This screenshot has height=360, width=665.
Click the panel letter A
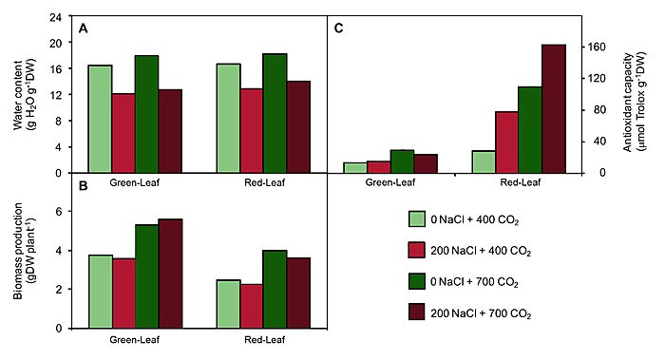point(84,28)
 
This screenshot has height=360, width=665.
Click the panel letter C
point(338,28)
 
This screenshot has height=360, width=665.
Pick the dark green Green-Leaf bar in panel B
point(146,276)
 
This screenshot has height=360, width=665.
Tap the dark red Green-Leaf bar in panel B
point(170,274)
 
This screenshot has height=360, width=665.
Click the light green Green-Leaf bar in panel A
point(100,119)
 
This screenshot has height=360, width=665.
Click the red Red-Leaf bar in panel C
point(506,142)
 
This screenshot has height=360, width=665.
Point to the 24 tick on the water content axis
point(66,18)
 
